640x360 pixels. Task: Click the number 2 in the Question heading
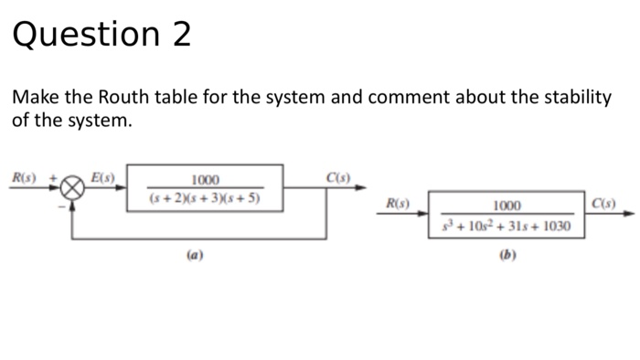point(180,35)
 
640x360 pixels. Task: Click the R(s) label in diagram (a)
point(22,177)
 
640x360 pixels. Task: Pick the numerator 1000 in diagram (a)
point(205,181)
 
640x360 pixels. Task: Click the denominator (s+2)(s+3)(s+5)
point(205,198)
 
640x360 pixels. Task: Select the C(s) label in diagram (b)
point(603,200)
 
